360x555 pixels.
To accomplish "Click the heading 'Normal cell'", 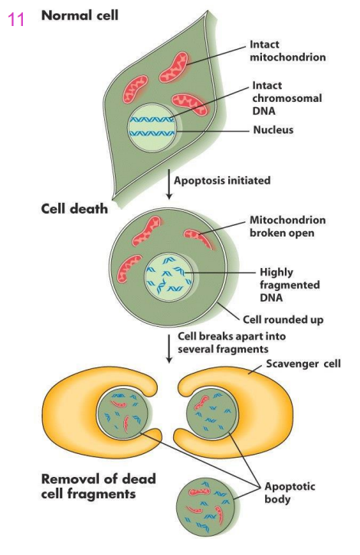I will [80, 15].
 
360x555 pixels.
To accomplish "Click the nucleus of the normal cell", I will [152, 127].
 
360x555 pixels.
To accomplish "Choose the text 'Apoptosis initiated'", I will [222, 181].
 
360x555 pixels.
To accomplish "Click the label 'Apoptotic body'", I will [290, 491].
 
